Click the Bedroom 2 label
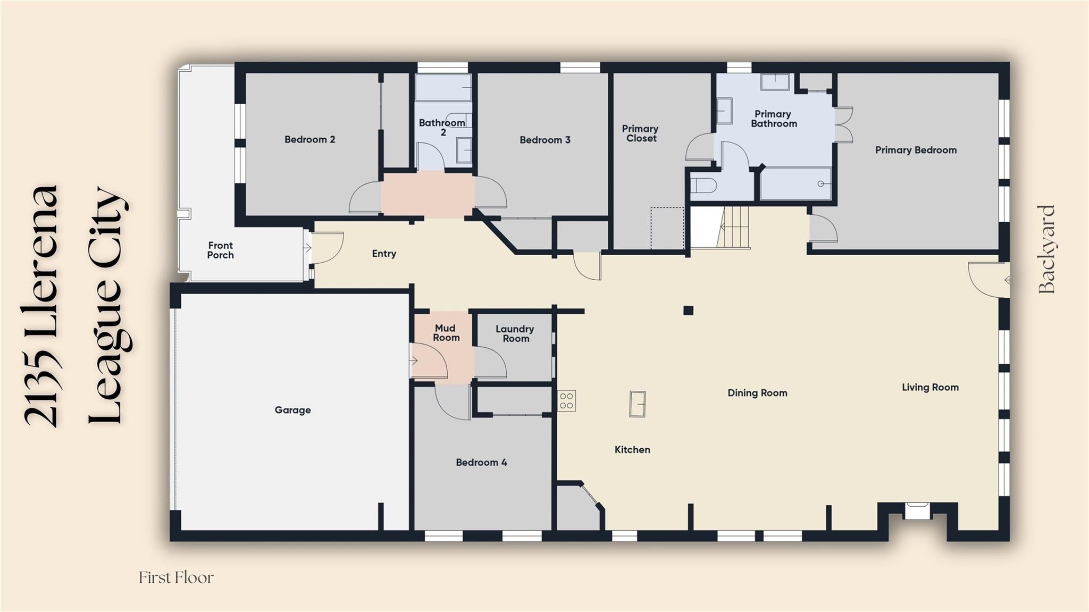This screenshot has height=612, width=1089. pyautogui.click(x=309, y=139)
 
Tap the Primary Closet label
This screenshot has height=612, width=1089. pyautogui.click(x=641, y=133)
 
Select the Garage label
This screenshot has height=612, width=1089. pyautogui.click(x=292, y=410)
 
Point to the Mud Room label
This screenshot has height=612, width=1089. pyautogui.click(x=446, y=333)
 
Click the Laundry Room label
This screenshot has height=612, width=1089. pyautogui.click(x=515, y=334)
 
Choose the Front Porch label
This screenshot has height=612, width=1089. pyautogui.click(x=220, y=250)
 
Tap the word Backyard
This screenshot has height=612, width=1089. pyautogui.click(x=1046, y=249)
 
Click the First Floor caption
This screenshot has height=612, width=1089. pyautogui.click(x=176, y=577)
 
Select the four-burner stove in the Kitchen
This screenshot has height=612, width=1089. pyautogui.click(x=566, y=401)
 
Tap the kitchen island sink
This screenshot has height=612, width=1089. pyautogui.click(x=638, y=404)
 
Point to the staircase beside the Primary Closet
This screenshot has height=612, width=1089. pyautogui.click(x=733, y=228)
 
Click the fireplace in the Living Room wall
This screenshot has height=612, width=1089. pyautogui.click(x=917, y=511)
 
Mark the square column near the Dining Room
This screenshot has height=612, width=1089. pyautogui.click(x=688, y=311)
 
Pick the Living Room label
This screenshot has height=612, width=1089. pyautogui.click(x=930, y=387)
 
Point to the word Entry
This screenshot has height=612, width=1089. pyautogui.click(x=384, y=254)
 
